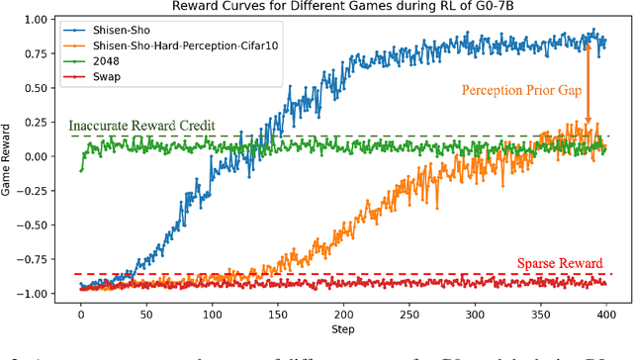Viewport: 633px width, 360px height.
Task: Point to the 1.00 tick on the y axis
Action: [40, 19]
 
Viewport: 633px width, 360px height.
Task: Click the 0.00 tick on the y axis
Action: [40, 156]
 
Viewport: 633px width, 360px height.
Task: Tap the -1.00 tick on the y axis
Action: [37, 294]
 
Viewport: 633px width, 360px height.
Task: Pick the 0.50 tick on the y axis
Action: [40, 87]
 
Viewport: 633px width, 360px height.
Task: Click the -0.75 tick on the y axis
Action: [37, 259]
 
